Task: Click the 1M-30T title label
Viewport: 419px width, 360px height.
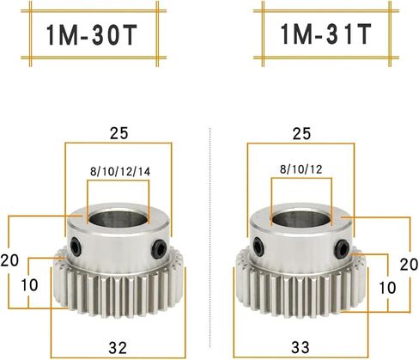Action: [92, 35]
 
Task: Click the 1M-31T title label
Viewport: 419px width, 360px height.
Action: [325, 34]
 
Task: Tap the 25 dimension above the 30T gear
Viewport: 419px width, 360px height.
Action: [119, 133]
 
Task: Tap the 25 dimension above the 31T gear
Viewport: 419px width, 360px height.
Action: [301, 133]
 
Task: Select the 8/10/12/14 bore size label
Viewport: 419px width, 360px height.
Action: [120, 172]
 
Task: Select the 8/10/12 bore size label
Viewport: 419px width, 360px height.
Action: [301, 169]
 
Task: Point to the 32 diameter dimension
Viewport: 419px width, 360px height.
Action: [118, 347]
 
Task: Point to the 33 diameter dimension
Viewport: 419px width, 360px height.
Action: [301, 347]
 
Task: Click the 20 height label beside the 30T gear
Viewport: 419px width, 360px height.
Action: [9, 260]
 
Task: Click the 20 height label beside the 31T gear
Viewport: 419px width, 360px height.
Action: [410, 265]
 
